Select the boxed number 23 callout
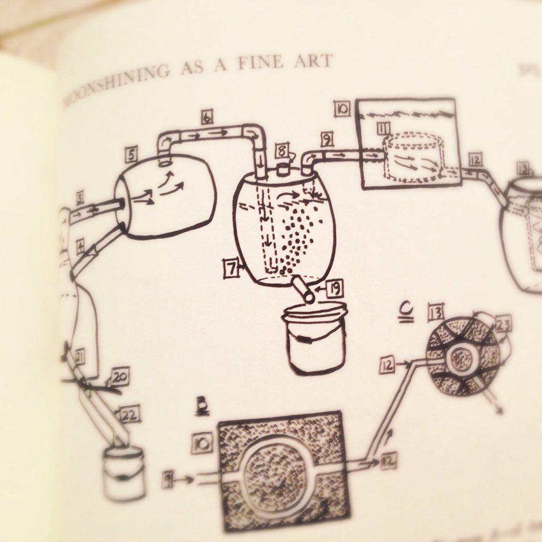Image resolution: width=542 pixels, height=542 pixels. pyautogui.click(x=503, y=324)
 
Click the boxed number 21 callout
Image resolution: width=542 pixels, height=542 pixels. pyautogui.click(x=80, y=359)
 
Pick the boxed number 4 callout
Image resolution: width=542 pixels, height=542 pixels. pyautogui.click(x=80, y=246)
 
